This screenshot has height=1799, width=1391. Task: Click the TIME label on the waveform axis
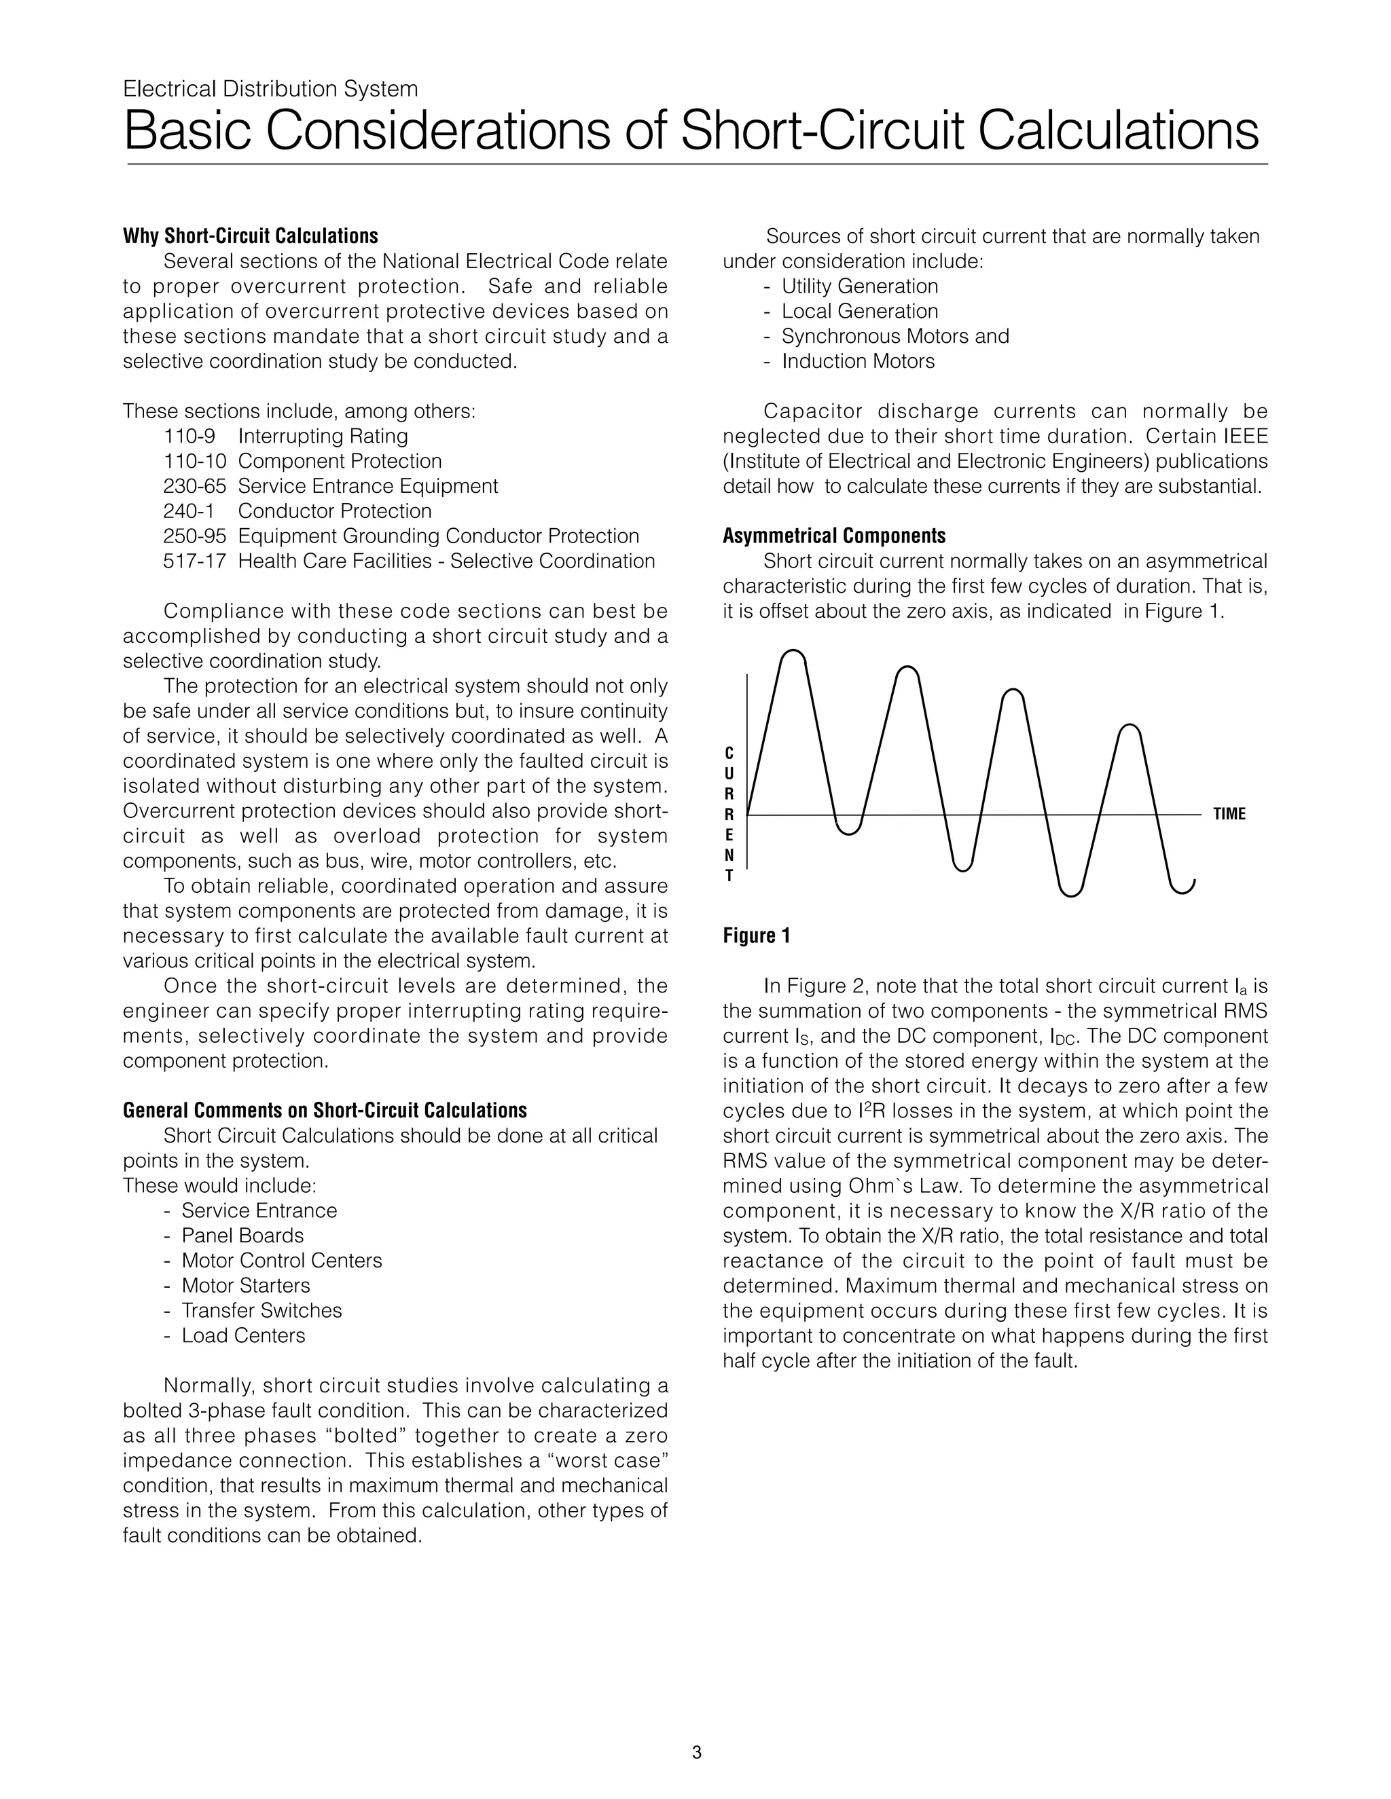(1229, 814)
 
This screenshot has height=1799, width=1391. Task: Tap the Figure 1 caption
(757, 935)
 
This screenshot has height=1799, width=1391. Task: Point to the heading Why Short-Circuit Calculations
(251, 236)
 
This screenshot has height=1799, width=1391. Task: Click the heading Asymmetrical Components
(834, 536)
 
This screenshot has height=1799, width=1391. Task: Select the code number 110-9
(189, 437)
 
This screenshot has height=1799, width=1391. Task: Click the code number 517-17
(194, 562)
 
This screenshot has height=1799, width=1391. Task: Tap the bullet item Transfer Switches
(261, 1310)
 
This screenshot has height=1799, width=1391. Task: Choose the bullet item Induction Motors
(858, 362)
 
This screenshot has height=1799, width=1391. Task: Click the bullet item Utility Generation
(859, 286)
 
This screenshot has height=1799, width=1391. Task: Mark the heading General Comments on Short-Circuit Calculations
(325, 1111)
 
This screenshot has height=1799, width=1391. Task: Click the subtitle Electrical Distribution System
(270, 89)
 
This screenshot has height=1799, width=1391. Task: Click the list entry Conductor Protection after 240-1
(335, 512)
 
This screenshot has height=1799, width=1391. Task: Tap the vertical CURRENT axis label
(729, 814)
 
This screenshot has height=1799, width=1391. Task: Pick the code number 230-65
(194, 487)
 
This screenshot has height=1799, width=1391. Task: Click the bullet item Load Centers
(243, 1335)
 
